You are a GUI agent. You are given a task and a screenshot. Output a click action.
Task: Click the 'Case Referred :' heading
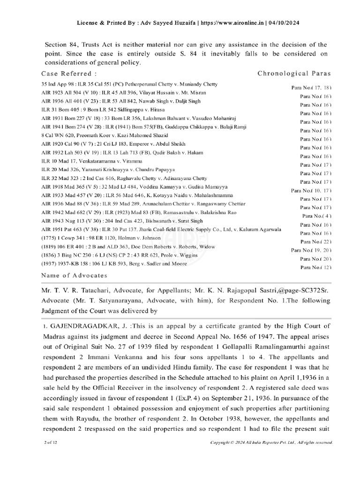[69, 74]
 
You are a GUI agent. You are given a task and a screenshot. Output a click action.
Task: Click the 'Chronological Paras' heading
[294, 74]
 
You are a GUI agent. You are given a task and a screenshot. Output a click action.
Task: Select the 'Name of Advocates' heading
[74, 275]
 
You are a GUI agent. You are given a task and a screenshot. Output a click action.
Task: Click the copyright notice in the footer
[272, 442]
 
